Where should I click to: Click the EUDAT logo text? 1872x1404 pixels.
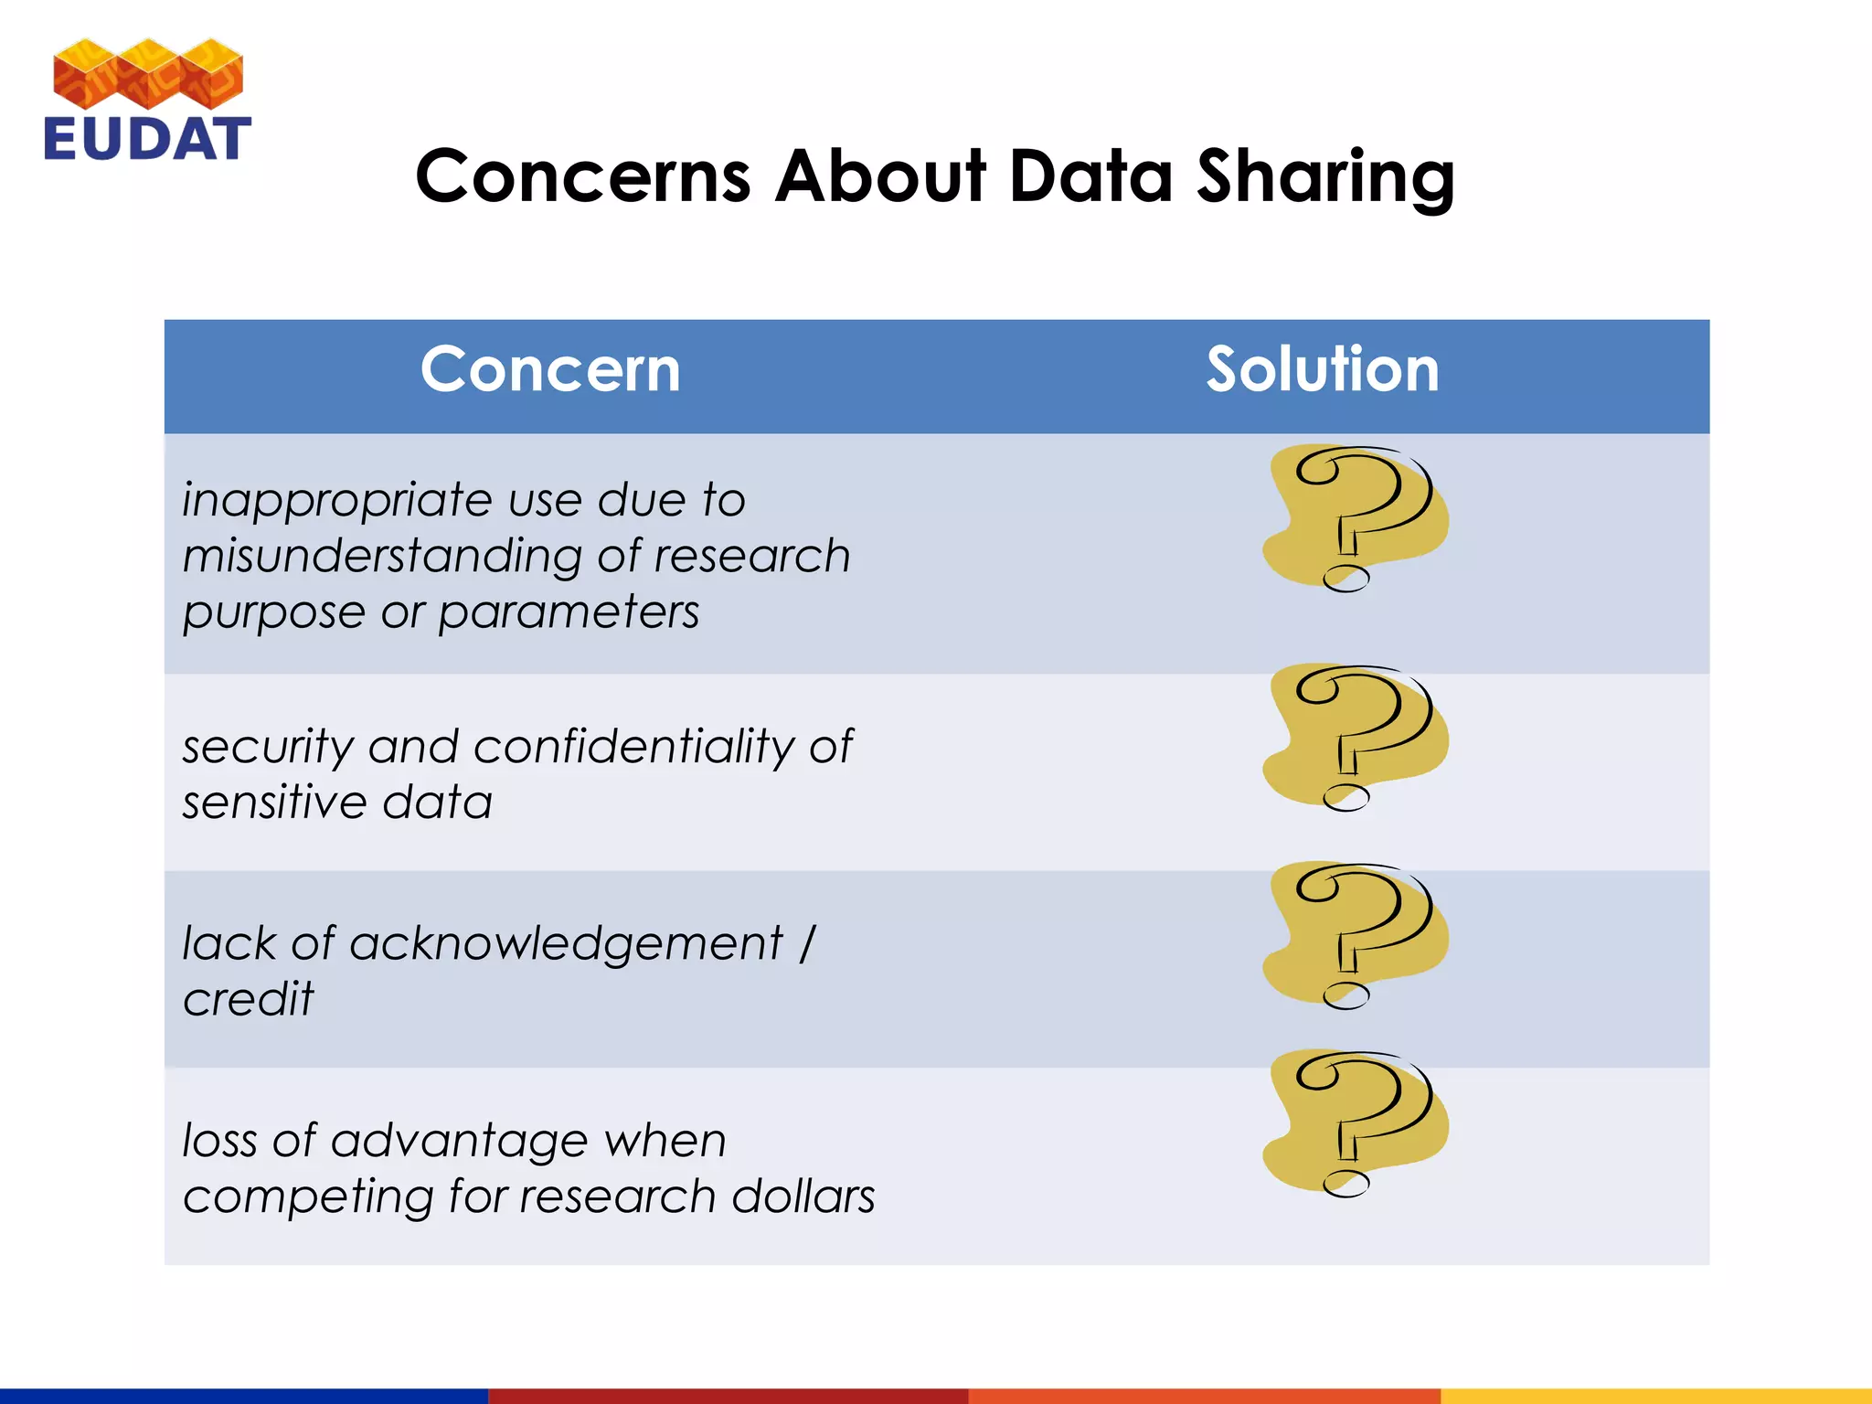click(x=147, y=139)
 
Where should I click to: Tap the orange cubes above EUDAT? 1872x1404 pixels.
click(x=148, y=73)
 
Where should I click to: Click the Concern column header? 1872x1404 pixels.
click(x=550, y=370)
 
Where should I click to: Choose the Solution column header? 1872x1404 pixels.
click(x=1322, y=370)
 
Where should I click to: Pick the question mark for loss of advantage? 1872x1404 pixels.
click(x=1355, y=1123)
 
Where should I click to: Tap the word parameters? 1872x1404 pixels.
click(x=569, y=612)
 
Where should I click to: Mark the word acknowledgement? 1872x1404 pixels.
click(x=566, y=944)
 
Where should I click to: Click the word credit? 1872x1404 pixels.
click(x=248, y=999)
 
